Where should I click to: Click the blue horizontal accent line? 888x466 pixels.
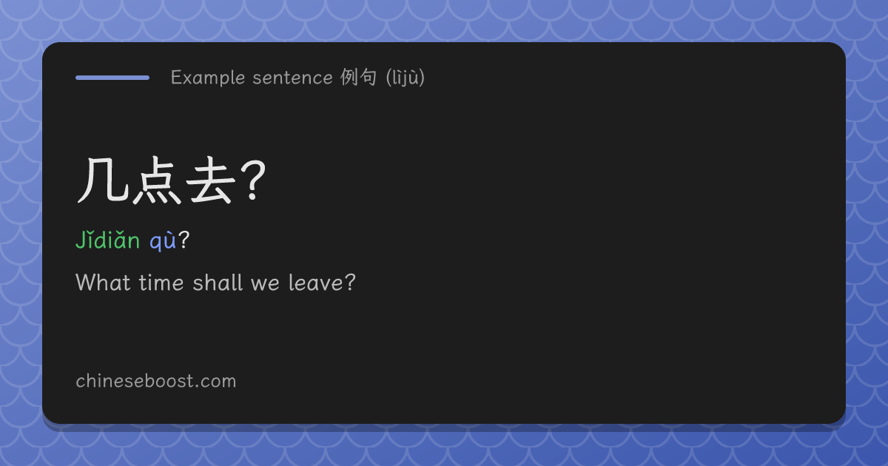[112, 78]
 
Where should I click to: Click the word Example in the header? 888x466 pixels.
[208, 78]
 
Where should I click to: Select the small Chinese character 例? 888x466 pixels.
[349, 77]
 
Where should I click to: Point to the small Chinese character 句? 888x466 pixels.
[369, 77]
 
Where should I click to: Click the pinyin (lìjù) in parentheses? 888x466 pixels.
[406, 78]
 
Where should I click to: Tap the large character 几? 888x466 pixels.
[103, 180]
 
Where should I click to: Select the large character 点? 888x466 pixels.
[157, 180]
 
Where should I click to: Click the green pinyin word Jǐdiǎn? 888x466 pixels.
[108, 240]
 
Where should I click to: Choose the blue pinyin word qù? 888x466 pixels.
[163, 241]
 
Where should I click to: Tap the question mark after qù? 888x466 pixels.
[184, 240]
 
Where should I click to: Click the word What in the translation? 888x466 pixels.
[103, 283]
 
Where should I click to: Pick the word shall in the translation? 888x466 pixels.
[218, 283]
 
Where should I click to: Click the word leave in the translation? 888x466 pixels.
[316, 283]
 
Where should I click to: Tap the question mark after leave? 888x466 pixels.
[350, 283]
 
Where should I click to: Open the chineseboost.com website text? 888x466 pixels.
[156, 381]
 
